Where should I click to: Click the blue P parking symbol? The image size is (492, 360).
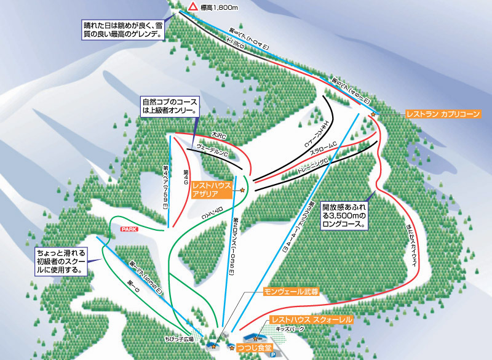pyautogui.click(x=274, y=354)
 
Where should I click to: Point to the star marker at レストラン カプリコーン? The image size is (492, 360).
pyautogui.click(x=372, y=114)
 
